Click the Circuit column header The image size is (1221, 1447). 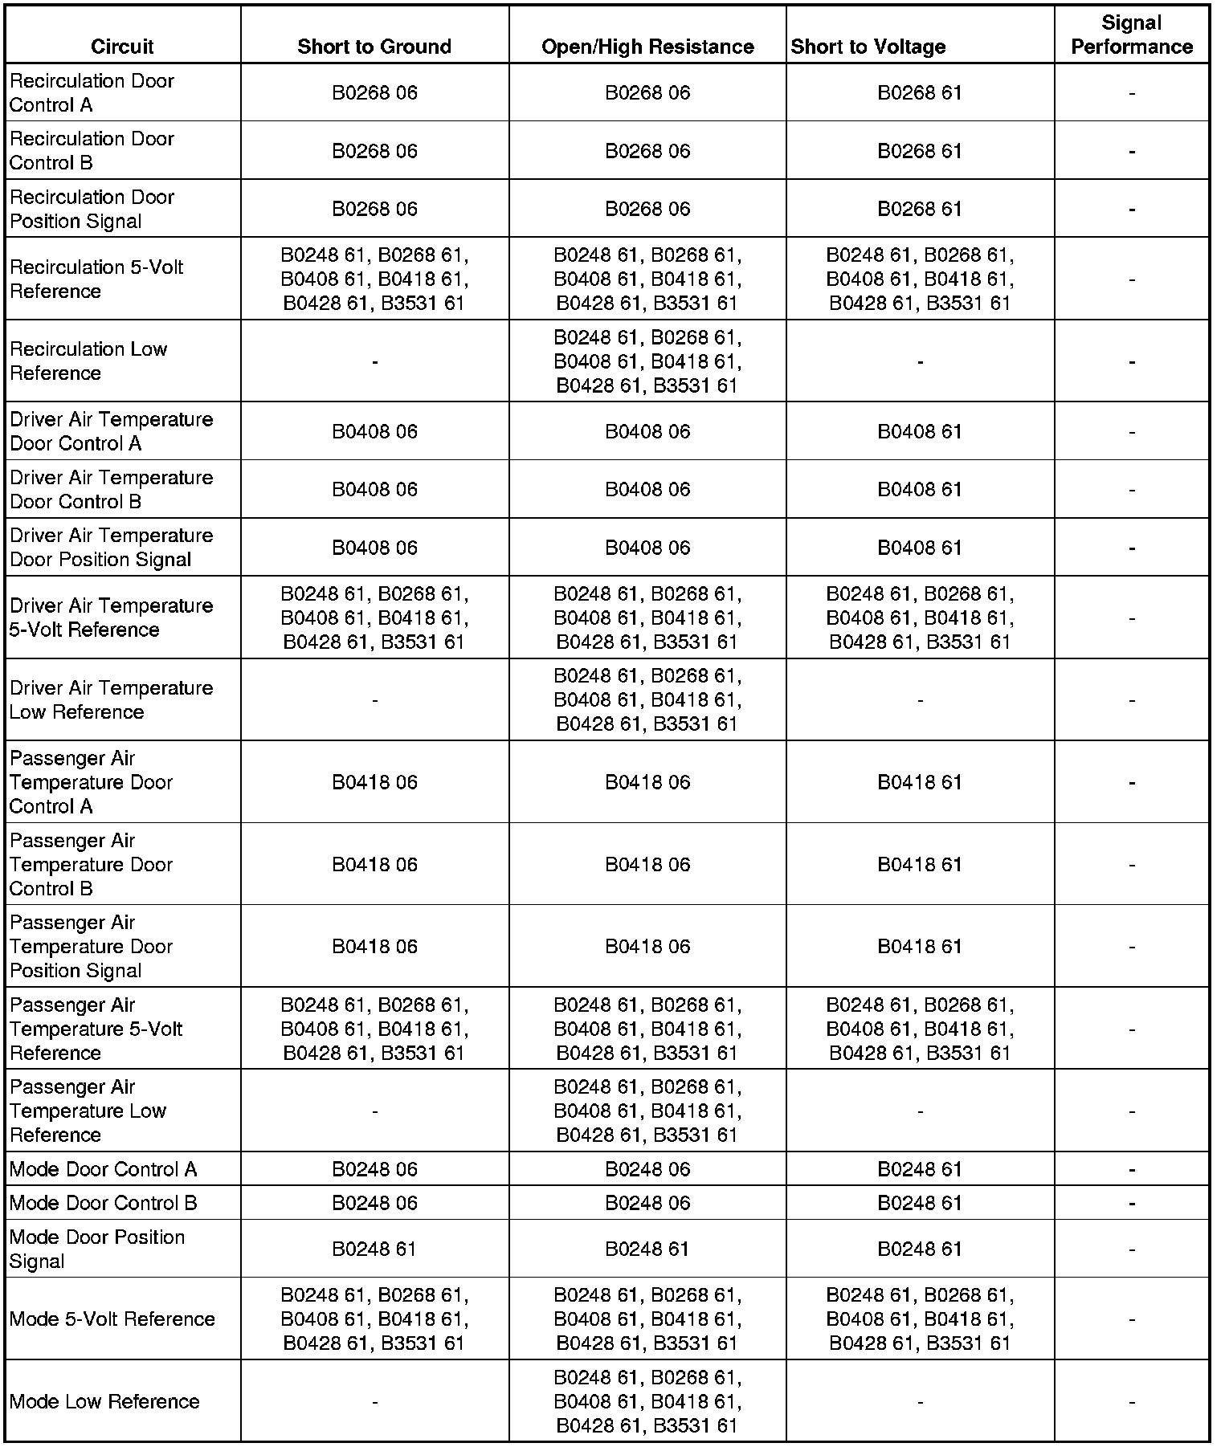click(x=122, y=47)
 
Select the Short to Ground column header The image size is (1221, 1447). click(x=374, y=47)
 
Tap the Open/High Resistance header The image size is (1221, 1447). click(x=647, y=47)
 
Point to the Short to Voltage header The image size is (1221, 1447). click(x=868, y=47)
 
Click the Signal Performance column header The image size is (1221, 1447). click(x=1131, y=35)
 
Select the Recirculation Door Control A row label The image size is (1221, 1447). click(x=92, y=93)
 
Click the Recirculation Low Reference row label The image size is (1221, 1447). click(x=88, y=361)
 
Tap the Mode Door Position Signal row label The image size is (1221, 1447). click(x=96, y=1249)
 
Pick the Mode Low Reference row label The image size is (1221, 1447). click(x=104, y=1401)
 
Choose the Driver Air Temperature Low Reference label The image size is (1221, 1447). click(x=111, y=700)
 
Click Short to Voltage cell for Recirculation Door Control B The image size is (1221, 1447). click(x=920, y=151)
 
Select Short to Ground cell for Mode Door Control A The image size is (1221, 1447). click(x=374, y=1169)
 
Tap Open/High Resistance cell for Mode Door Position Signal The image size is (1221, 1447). click(x=647, y=1249)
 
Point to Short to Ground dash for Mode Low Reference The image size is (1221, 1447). click(x=374, y=1402)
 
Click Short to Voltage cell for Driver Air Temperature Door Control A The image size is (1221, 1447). click(x=920, y=432)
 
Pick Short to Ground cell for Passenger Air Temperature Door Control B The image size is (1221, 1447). click(x=374, y=865)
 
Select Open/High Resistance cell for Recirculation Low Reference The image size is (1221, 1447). click(x=647, y=361)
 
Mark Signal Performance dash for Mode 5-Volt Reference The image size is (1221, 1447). click(x=1131, y=1319)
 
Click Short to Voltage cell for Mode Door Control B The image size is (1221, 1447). click(x=920, y=1203)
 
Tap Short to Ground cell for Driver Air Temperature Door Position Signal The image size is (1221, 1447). click(x=374, y=548)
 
